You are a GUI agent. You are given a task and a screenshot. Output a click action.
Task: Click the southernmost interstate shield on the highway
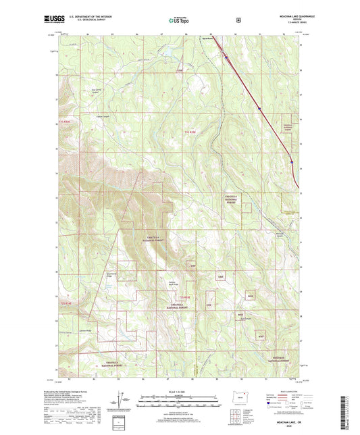(x=292, y=162)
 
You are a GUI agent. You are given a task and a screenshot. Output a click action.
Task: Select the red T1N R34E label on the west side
(x=65, y=124)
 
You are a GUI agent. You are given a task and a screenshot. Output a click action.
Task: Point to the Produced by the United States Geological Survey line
(x=63, y=392)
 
